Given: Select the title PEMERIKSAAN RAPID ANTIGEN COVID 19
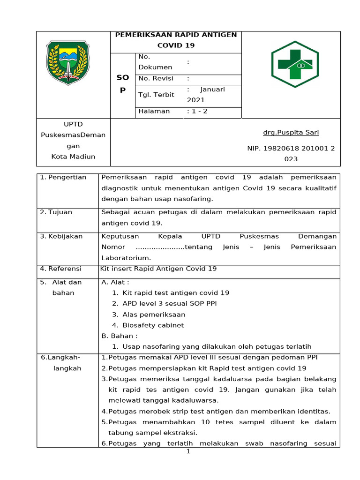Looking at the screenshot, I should [x=176, y=40].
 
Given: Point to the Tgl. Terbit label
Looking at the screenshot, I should [x=156, y=95].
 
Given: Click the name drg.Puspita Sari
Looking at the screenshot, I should [x=291, y=133].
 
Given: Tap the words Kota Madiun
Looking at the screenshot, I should [x=73, y=157].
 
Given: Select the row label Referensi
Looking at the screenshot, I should [x=65, y=269].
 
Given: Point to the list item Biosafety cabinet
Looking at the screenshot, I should [x=153, y=325].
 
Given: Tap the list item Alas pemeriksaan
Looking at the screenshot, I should [x=154, y=314].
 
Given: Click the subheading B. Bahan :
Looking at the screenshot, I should [x=120, y=336].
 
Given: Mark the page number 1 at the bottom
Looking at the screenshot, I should [x=188, y=451].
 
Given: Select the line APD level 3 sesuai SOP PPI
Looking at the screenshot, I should [x=170, y=303].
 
